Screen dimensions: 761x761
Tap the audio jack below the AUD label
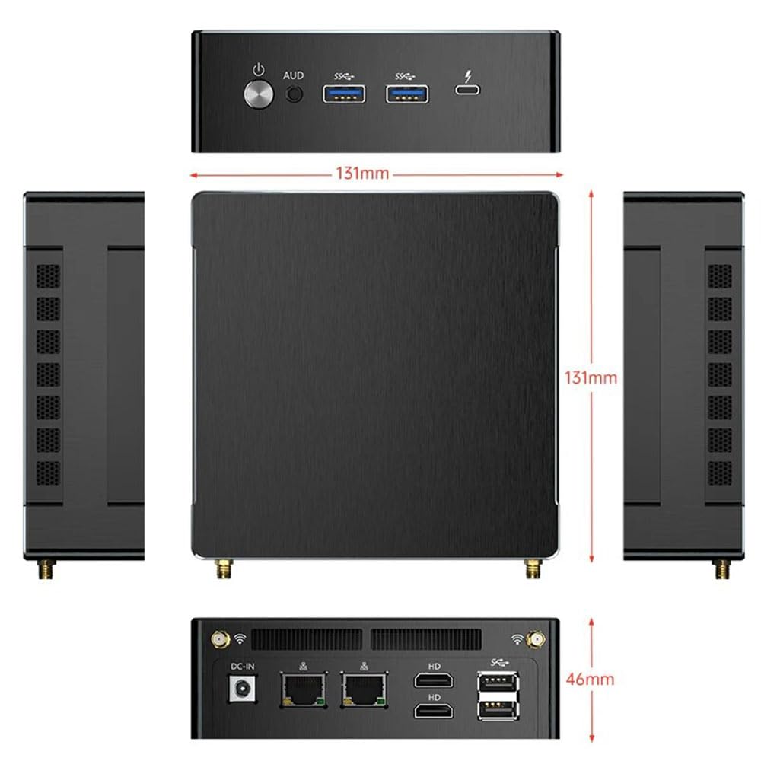[x=294, y=94]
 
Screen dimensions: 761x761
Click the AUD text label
[x=293, y=75]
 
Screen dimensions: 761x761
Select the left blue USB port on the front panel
[x=344, y=94]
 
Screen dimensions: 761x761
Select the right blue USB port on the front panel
[x=407, y=94]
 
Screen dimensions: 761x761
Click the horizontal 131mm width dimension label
[x=363, y=174]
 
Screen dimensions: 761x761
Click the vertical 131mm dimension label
[x=591, y=377]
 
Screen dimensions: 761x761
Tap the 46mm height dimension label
[x=591, y=679]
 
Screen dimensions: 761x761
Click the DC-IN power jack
[x=244, y=689]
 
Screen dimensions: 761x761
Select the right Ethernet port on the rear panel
[x=364, y=689]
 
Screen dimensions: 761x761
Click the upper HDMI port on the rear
[x=435, y=680]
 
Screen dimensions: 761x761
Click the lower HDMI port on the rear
[x=435, y=711]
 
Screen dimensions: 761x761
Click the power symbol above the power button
[x=259, y=71]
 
